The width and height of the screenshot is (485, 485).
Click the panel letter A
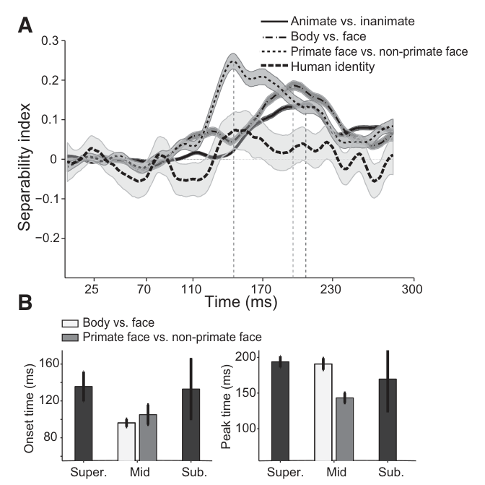pos(25,25)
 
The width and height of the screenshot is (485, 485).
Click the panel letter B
pos(25,302)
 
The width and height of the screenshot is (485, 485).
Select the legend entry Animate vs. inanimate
pos(338,21)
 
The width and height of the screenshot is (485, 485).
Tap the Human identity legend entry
pos(318,66)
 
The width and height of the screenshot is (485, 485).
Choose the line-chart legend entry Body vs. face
pos(314,36)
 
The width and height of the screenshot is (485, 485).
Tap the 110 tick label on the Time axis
pos(191,289)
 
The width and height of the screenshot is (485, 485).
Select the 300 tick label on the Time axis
pos(412,289)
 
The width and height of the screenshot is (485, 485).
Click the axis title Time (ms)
pos(241,301)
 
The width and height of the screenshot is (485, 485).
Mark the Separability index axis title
pos(24,167)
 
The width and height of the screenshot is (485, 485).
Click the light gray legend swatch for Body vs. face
pos(70,323)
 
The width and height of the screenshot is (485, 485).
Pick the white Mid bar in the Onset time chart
pos(126,442)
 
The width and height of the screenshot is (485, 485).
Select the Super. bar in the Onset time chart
pos(84,423)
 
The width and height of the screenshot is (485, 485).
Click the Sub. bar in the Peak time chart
pos(388,420)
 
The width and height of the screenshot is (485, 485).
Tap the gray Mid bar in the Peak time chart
pos(344,429)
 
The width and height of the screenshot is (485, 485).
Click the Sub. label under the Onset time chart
pos(194,472)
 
